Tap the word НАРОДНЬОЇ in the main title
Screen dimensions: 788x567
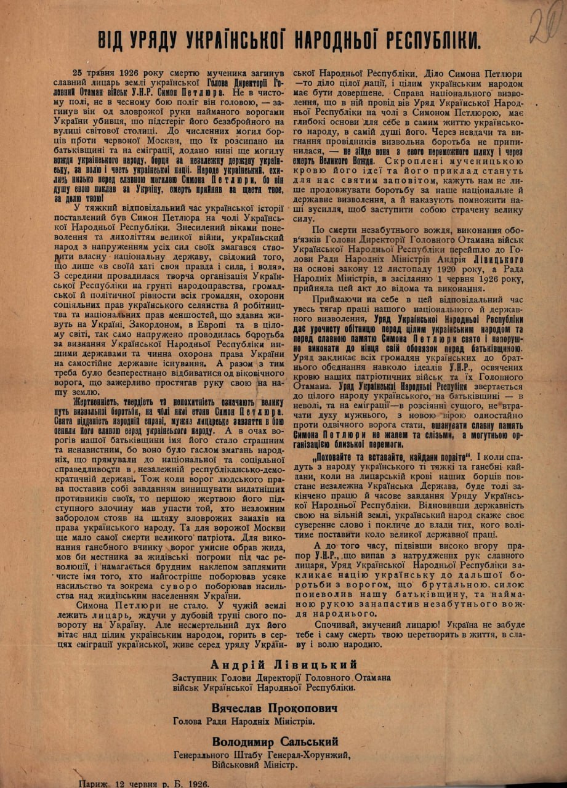coord(333,39)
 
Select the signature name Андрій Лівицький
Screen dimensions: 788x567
coord(283,664)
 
